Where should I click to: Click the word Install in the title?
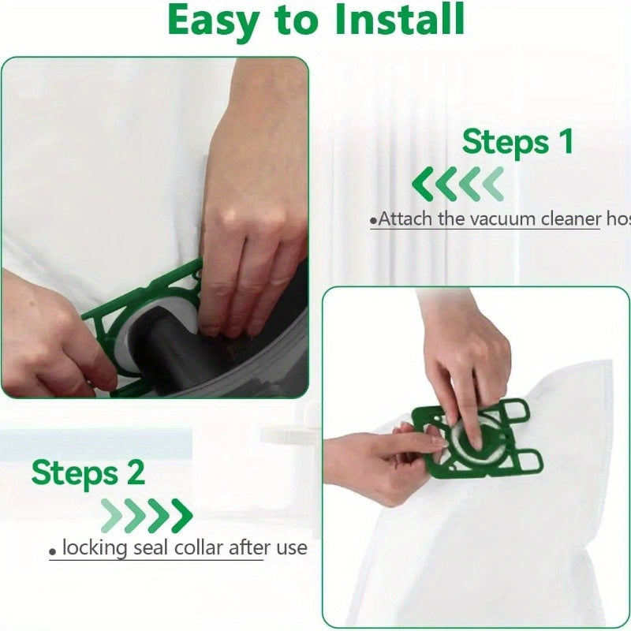coord(399,21)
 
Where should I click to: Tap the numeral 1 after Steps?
coord(565,142)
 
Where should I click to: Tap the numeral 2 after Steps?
coord(135,473)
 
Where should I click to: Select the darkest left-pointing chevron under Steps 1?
coord(423,185)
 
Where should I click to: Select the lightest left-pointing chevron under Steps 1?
coord(493,185)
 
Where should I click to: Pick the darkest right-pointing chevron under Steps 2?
coord(181,516)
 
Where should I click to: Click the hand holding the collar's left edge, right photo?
coord(379,465)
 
